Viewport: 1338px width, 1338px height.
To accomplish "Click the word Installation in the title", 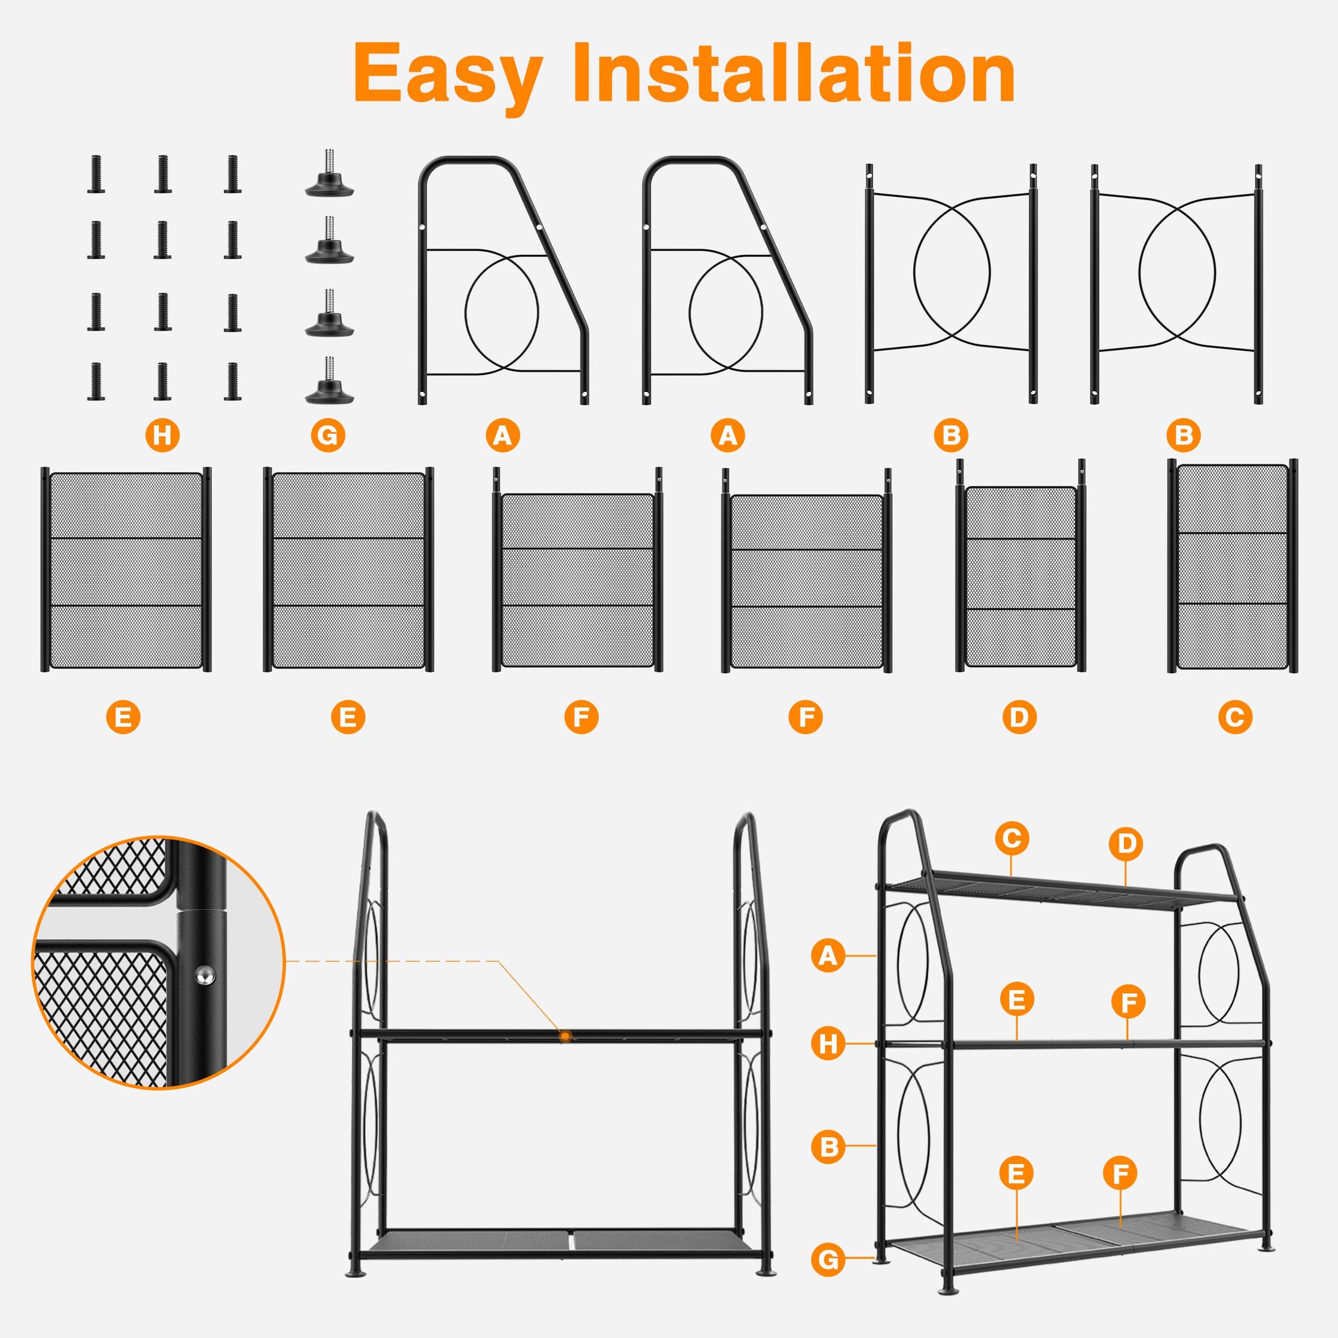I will click(794, 72).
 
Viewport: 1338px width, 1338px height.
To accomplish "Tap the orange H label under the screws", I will click(162, 435).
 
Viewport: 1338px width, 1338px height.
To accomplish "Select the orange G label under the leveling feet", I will click(328, 435).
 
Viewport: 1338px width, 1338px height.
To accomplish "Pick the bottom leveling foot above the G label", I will click(329, 383).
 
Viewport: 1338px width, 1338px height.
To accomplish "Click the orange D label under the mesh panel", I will click(1020, 717).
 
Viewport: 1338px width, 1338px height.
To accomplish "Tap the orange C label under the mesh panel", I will click(1235, 717).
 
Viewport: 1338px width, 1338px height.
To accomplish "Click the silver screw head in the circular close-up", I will click(204, 975).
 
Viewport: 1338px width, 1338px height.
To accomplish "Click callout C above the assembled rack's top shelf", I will click(1012, 838).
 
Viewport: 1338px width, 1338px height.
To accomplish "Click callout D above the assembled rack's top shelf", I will click(1126, 843).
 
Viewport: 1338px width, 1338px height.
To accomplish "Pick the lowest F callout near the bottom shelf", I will click(1120, 1173).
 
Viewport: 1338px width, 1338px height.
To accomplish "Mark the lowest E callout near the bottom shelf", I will click(1016, 1173).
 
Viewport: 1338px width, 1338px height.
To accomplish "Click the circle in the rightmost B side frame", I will click(1177, 273).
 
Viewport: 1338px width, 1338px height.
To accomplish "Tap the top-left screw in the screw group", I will click(96, 174).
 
